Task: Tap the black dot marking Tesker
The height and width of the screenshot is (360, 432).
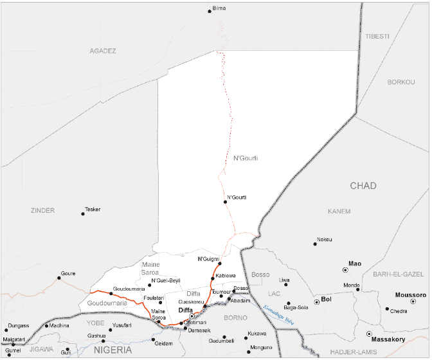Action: [83, 213]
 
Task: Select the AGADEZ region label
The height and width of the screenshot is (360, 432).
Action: [103, 50]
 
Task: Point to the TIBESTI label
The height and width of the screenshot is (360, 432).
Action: [377, 36]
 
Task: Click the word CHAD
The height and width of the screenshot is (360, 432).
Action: [363, 186]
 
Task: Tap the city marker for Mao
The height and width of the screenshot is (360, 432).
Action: [345, 270]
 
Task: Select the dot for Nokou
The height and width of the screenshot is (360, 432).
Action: [316, 244]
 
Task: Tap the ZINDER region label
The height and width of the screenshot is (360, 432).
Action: [42, 210]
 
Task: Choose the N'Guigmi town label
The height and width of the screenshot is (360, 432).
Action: [208, 258]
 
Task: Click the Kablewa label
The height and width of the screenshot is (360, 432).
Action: [225, 276]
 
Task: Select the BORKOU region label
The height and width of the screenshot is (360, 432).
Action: [402, 82]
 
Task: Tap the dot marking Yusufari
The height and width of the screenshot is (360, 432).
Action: [110, 330]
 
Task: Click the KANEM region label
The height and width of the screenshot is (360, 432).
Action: [338, 210]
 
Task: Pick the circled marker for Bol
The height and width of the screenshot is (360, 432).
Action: [316, 301]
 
